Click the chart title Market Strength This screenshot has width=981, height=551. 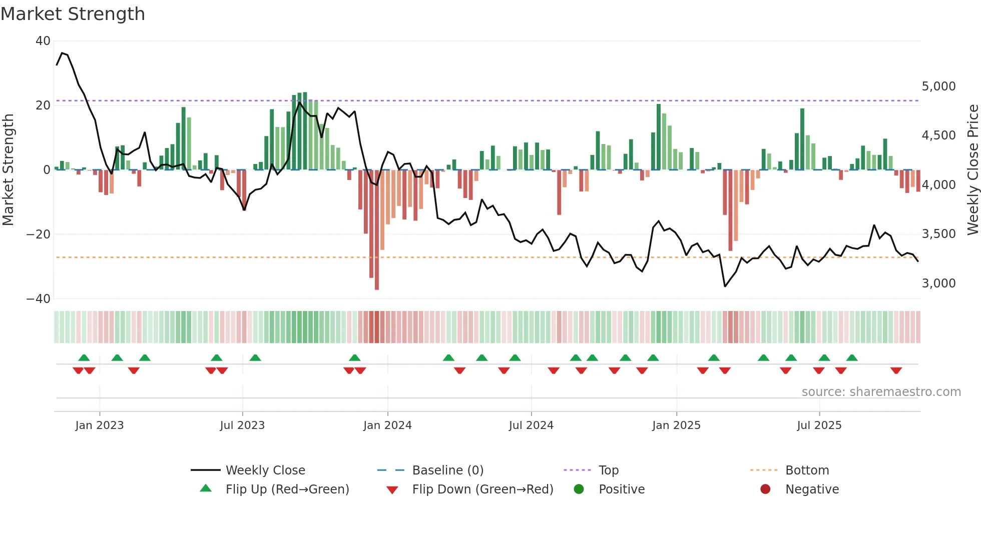click(x=73, y=14)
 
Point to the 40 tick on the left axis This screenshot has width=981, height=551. click(x=43, y=41)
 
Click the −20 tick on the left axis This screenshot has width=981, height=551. click(x=39, y=234)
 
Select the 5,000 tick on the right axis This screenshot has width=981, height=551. click(x=938, y=86)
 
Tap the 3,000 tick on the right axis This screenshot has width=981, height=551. click(x=938, y=283)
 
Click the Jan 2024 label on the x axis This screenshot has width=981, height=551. click(x=387, y=425)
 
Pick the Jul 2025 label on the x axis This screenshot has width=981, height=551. click(x=819, y=425)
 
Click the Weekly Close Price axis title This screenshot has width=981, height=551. click(x=972, y=170)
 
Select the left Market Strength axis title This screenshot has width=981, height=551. click(x=8, y=170)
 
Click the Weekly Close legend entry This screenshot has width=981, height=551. click(x=265, y=470)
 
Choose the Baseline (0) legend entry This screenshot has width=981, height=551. click(x=447, y=470)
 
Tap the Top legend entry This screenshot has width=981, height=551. click(x=608, y=470)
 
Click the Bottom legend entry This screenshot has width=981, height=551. click(x=807, y=470)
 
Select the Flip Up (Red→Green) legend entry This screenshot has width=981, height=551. click(x=287, y=489)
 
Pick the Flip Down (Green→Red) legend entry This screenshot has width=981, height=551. click(x=482, y=489)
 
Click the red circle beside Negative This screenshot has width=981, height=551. click(x=765, y=489)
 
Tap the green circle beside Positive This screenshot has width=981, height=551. click(x=579, y=489)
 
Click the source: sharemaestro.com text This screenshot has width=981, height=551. click(x=881, y=392)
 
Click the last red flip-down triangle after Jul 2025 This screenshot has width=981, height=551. click(x=896, y=370)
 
